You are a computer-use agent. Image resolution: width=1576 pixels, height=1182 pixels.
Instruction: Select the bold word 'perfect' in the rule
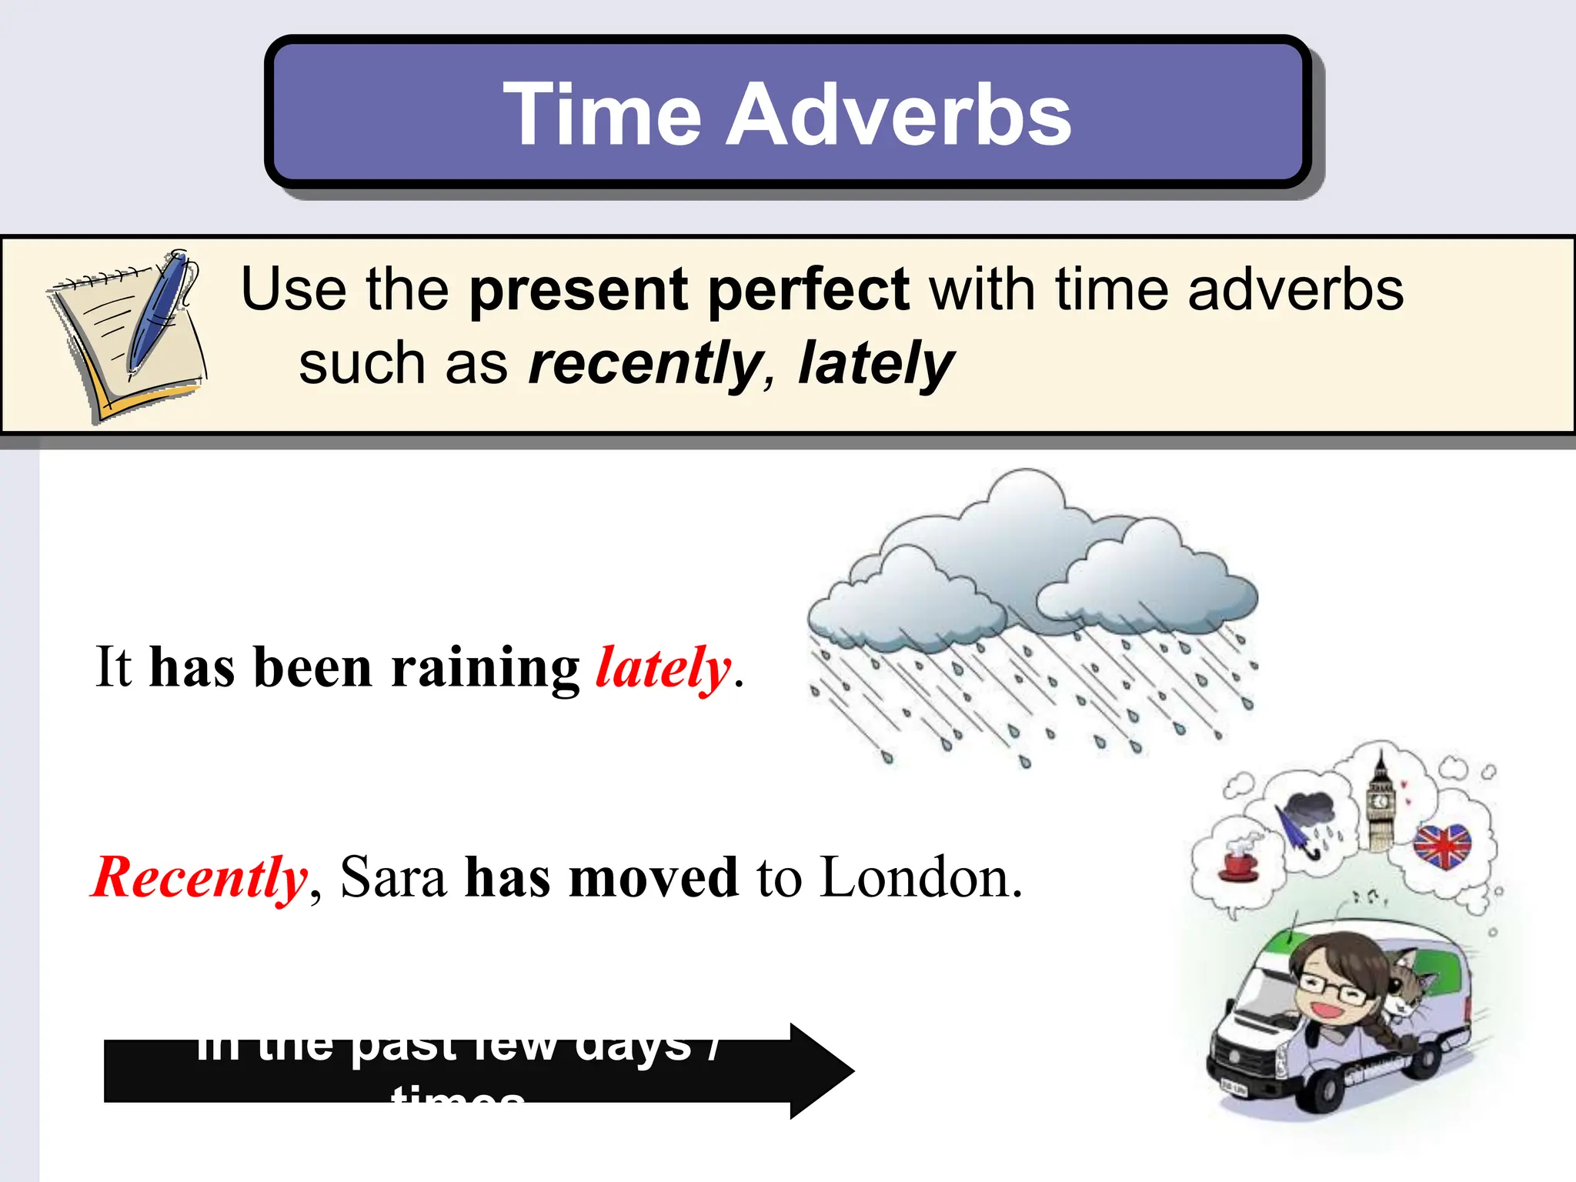click(808, 291)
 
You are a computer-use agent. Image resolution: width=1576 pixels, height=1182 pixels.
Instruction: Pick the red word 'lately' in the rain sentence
click(663, 667)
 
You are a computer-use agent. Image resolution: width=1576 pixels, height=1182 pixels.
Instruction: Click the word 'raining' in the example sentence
click(485, 667)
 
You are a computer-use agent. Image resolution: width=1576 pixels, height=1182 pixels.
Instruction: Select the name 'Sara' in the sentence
click(393, 877)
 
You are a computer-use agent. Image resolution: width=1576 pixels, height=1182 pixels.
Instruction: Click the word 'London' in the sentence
click(920, 877)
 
